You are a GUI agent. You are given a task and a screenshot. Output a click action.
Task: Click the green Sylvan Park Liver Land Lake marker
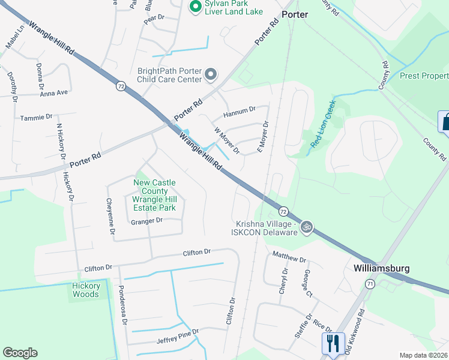[194, 7]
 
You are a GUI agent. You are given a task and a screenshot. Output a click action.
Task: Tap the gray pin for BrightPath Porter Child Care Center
[210, 74]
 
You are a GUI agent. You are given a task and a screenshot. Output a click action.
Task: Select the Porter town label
[294, 14]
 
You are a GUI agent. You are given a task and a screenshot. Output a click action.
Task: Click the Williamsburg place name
[381, 268]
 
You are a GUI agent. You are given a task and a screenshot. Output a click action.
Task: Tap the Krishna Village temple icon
[307, 227]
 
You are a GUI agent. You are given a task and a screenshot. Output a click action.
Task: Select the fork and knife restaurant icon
[333, 343]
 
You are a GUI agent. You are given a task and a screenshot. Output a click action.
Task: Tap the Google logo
[20, 353]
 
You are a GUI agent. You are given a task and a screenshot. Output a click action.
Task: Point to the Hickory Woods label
[85, 290]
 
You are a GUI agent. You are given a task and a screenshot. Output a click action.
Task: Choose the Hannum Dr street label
[239, 111]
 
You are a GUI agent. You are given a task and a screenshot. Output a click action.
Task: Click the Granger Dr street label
[146, 221]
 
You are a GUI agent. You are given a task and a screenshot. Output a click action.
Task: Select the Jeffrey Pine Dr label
[178, 337]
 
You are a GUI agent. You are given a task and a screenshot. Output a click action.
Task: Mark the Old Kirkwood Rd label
[355, 331]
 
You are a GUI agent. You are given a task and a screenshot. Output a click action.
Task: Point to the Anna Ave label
[53, 93]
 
